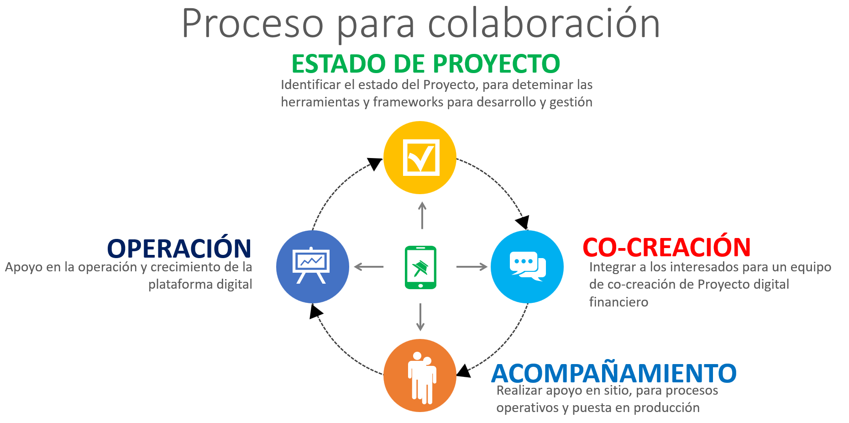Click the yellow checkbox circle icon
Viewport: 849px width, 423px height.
[420, 158]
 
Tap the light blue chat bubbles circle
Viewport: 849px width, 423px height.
[527, 267]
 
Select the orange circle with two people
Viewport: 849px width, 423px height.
[420, 375]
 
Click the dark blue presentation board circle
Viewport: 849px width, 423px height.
[313, 267]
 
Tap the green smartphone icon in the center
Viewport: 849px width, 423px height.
[420, 267]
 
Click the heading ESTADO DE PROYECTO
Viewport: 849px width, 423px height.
[426, 63]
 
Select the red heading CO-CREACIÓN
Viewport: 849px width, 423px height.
[667, 247]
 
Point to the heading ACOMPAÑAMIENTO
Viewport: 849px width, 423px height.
[614, 373]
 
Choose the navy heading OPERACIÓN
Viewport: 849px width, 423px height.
[179, 248]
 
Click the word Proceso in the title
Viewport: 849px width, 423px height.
[253, 23]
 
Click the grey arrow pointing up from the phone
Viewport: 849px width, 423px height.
[422, 215]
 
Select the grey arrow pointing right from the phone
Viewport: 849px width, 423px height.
[472, 267]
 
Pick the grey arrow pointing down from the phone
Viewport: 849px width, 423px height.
[420, 317]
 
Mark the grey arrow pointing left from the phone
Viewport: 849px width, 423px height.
[369, 267]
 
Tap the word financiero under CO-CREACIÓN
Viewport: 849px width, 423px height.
[618, 302]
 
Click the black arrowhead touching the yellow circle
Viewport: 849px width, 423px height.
[375, 164]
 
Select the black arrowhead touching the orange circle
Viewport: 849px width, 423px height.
[464, 371]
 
